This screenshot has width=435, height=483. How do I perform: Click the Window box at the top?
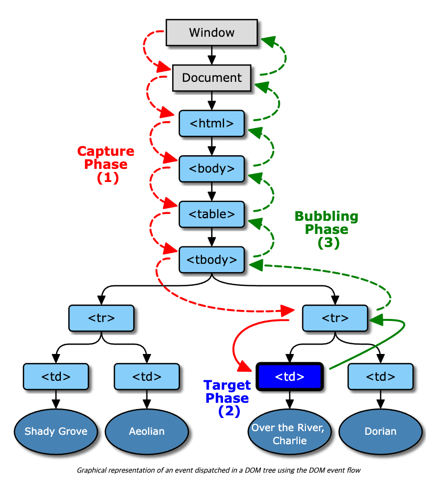(x=211, y=33)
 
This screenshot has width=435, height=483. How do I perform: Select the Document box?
(x=211, y=78)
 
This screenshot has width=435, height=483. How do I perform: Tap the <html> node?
(x=211, y=124)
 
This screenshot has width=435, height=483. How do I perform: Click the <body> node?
(x=211, y=169)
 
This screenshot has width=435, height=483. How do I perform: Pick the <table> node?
(x=211, y=214)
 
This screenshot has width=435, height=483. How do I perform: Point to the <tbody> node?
(x=211, y=260)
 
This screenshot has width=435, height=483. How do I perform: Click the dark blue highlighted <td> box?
(x=290, y=377)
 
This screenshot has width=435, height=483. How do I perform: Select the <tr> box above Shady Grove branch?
(x=101, y=318)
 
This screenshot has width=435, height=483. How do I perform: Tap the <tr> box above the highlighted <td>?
(x=334, y=318)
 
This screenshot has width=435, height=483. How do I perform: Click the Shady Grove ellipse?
(x=55, y=432)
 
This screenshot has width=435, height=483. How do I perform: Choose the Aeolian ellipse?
(x=146, y=432)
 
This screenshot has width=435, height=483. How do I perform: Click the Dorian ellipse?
(x=380, y=432)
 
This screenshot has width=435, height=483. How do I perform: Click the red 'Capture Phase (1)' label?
(x=106, y=164)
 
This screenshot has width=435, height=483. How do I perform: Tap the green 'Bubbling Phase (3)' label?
(x=326, y=229)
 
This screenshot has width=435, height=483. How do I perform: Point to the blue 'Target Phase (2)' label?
(x=227, y=398)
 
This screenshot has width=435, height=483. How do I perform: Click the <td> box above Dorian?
(x=380, y=377)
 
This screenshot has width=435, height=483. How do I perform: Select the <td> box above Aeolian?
(x=146, y=377)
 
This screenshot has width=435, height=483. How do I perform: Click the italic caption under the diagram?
(x=218, y=470)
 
